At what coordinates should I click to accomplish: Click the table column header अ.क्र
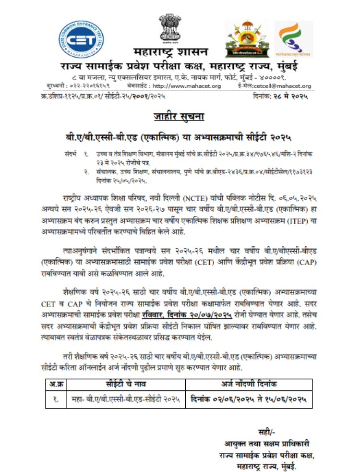coord(58,384)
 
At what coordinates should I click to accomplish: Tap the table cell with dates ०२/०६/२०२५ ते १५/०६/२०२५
coord(248,398)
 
